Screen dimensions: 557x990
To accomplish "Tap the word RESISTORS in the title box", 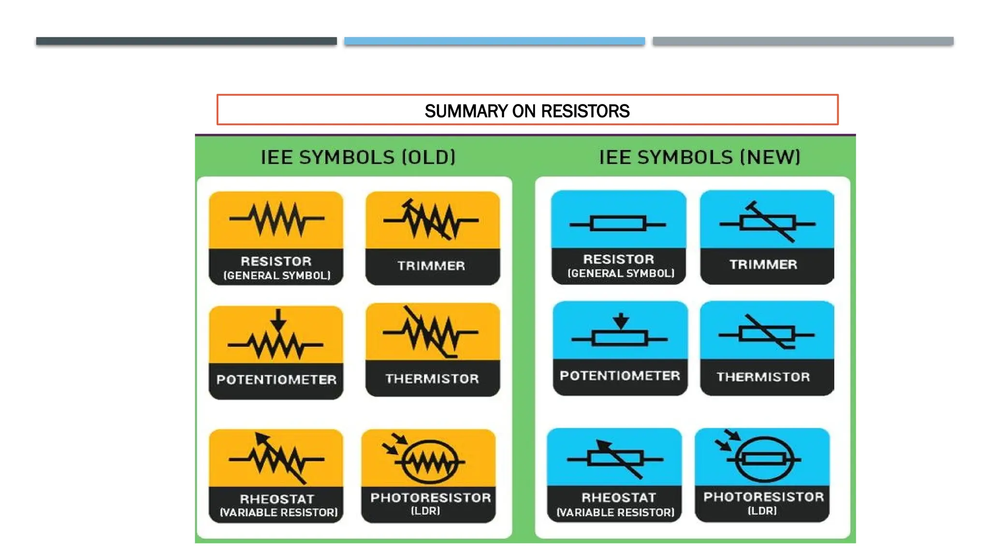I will (585, 111).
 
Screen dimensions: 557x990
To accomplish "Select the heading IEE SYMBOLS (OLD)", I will (358, 157).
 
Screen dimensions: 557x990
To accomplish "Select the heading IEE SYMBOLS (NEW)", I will (699, 157).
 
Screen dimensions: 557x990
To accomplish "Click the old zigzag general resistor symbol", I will (277, 219).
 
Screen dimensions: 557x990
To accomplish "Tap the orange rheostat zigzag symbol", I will (277, 458).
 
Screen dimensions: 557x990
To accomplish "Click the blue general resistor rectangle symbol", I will (618, 224).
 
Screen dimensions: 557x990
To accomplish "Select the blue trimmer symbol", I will (768, 223).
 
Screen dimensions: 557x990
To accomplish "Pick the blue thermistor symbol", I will (767, 334).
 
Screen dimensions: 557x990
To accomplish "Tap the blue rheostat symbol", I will (615, 458).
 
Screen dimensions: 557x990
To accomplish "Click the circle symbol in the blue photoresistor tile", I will (764, 459).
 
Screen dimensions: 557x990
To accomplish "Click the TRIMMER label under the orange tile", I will (431, 265).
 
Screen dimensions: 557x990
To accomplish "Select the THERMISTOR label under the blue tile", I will (763, 377).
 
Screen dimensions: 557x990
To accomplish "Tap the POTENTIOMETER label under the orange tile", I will (277, 380).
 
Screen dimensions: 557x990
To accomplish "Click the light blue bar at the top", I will (495, 41).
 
